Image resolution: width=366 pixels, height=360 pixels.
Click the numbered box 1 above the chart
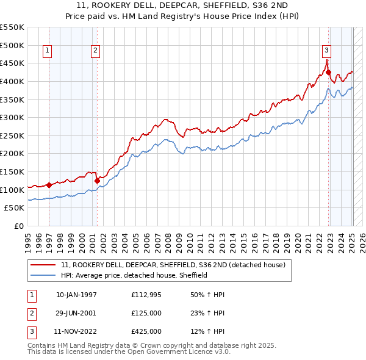[48, 51]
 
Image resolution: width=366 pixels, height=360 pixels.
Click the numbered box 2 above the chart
[96, 51]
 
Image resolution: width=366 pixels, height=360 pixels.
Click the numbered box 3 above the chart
[326, 51]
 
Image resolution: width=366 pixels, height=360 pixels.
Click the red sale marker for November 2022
[328, 73]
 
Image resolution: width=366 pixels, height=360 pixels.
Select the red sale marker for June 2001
[97, 181]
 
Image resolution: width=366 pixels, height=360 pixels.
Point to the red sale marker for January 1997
[49, 185]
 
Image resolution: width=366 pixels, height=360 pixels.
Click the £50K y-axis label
[15, 208]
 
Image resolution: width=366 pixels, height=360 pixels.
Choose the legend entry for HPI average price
[134, 275]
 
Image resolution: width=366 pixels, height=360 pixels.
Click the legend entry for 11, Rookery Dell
[177, 265]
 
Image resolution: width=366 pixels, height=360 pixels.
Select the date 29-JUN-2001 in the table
[76, 313]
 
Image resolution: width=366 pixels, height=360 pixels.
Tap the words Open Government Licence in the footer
[172, 352]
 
